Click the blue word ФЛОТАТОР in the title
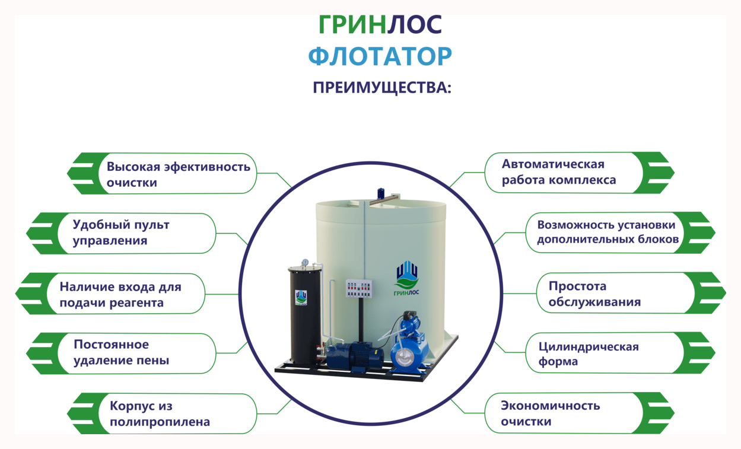[x=380, y=56]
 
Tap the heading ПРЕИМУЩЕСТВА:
[x=382, y=88]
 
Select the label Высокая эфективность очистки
[x=179, y=174]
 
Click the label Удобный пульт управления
[x=121, y=233]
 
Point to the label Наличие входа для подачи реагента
[x=120, y=294]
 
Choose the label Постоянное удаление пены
[x=122, y=352]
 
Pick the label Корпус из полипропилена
[x=160, y=413]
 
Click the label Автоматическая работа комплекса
[x=559, y=172]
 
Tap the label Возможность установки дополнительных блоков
[x=608, y=232]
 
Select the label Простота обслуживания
[x=595, y=294]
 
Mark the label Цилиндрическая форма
[x=589, y=354]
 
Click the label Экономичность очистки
[x=551, y=413]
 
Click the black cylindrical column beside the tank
[x=305, y=315]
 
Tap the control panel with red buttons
[x=360, y=288]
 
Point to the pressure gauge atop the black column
[x=305, y=263]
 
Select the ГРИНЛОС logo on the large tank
[x=406, y=278]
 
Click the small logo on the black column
[x=301, y=297]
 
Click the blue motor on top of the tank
[x=381, y=193]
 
